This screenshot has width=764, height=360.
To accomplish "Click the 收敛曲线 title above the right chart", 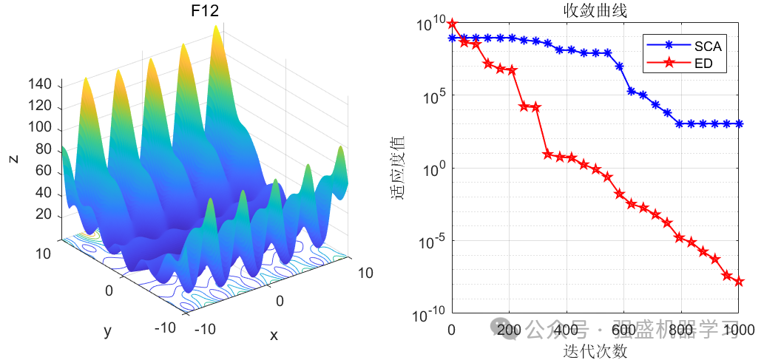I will click(596, 10).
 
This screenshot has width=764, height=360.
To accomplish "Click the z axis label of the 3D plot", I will click(13, 158).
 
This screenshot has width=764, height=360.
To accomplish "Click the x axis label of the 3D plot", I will click(274, 335).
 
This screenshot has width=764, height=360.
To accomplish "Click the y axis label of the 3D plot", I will click(108, 330).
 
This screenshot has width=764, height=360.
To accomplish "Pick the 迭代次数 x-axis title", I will click(595, 350).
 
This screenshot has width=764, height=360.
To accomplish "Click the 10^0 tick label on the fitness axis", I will click(432, 169).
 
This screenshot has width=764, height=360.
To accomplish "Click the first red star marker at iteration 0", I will click(453, 24).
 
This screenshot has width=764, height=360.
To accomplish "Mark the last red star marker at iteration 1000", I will click(739, 282).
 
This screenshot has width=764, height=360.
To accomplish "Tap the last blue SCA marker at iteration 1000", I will click(739, 123).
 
